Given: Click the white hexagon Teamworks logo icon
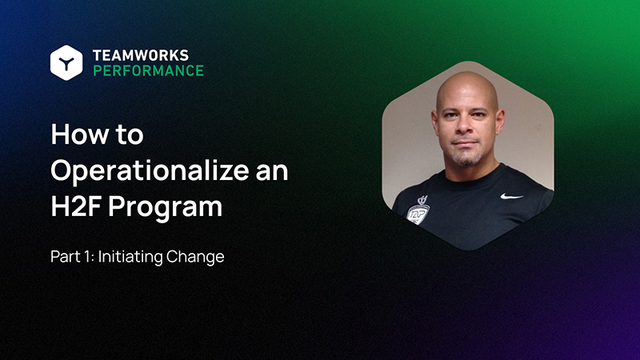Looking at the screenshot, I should click(x=66, y=62).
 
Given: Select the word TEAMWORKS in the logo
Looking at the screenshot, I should click(x=140, y=55).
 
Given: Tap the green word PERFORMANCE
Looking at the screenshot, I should click(x=148, y=70).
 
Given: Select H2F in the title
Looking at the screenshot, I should click(x=76, y=206).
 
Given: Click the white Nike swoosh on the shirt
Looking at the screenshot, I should click(x=511, y=195).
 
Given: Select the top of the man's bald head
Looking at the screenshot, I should click(x=467, y=80).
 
